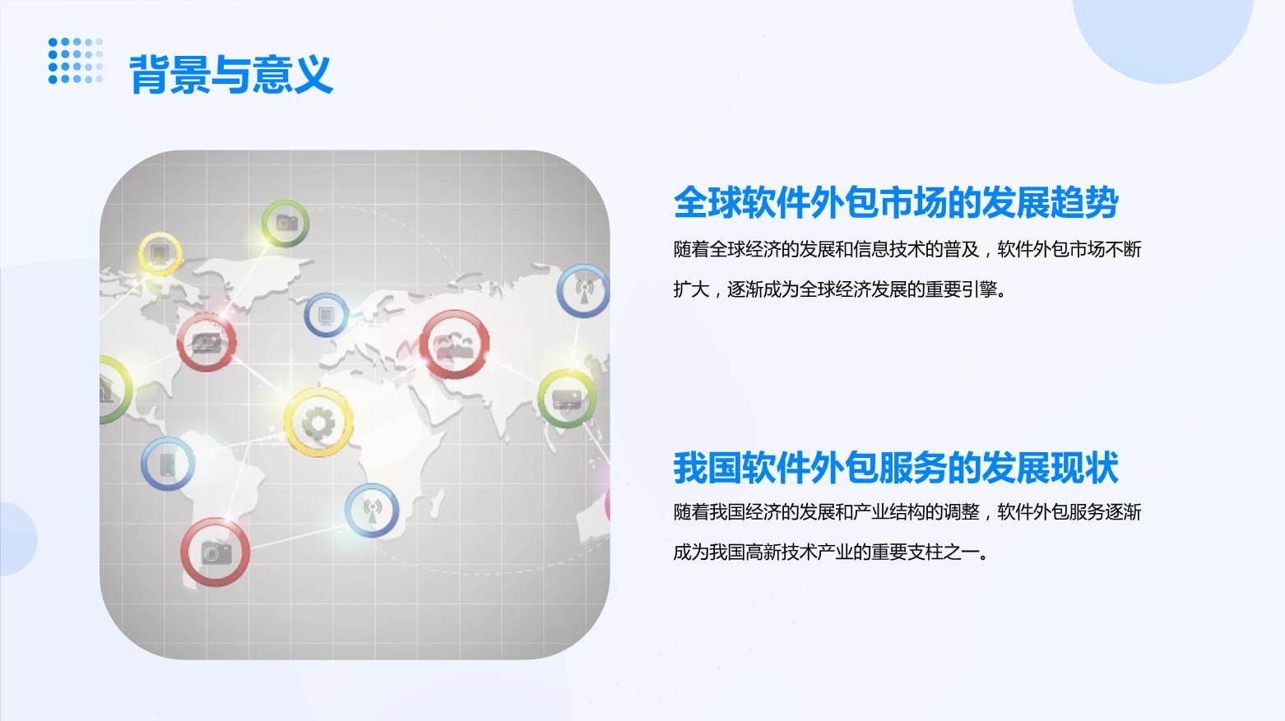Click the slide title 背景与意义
(x=231, y=75)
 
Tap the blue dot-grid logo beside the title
(x=75, y=60)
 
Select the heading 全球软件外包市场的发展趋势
(x=895, y=202)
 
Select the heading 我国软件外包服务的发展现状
(x=895, y=468)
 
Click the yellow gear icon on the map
(x=318, y=423)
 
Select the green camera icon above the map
(x=285, y=222)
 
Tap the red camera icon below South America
(x=215, y=552)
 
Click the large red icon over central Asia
(x=455, y=344)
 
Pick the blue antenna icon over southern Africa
(x=371, y=511)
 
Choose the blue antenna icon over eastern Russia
(x=583, y=290)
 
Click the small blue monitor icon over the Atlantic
(x=326, y=315)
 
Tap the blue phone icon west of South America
(x=167, y=464)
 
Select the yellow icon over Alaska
(x=160, y=253)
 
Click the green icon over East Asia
(x=566, y=400)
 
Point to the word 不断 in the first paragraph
(x=1124, y=249)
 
